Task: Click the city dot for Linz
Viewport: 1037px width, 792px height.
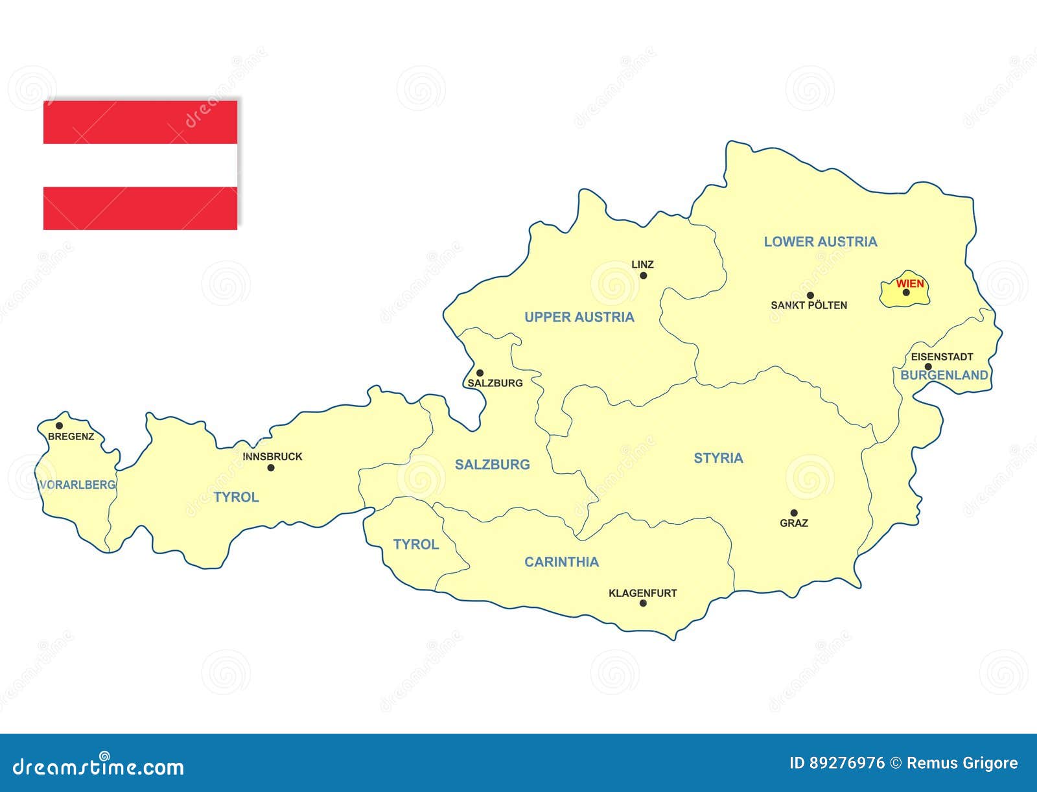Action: click(x=644, y=275)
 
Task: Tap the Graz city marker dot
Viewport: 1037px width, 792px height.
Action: click(x=794, y=513)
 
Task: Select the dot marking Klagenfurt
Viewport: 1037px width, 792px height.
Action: click(x=643, y=603)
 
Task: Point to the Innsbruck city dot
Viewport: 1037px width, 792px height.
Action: click(x=271, y=467)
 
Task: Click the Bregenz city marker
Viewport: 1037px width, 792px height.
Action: click(x=59, y=426)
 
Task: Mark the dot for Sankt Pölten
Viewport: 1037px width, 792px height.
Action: click(x=810, y=296)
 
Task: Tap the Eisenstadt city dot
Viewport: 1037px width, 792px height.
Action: click(x=928, y=367)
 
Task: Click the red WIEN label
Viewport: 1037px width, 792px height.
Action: click(x=910, y=283)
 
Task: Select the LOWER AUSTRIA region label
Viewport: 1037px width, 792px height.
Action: click(x=820, y=242)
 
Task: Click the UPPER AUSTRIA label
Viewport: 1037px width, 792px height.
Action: click(x=579, y=317)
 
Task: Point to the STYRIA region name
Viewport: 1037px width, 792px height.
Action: click(x=718, y=458)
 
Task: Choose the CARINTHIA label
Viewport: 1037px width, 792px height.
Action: click(x=561, y=562)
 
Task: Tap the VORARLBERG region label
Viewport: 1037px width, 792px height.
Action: click(x=77, y=485)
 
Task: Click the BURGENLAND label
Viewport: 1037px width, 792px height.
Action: click(x=944, y=375)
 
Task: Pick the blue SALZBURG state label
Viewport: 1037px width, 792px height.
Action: click(x=492, y=464)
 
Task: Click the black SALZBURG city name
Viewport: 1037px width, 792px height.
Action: click(x=495, y=383)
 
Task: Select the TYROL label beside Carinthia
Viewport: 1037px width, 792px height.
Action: click(x=415, y=544)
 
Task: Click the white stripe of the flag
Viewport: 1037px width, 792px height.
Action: click(x=140, y=165)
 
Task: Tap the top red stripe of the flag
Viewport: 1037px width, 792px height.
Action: click(x=140, y=122)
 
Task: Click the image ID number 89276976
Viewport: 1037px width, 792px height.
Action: click(x=846, y=763)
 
